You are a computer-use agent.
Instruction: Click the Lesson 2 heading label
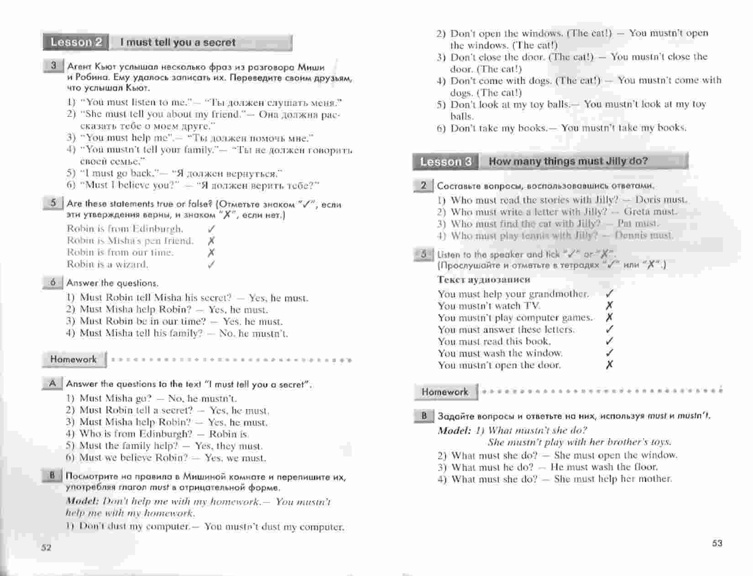click(76, 42)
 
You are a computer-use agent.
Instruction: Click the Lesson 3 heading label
click(445, 162)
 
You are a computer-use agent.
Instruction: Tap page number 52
click(46, 548)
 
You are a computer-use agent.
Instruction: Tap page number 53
click(717, 543)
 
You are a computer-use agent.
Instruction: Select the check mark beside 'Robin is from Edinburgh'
click(211, 229)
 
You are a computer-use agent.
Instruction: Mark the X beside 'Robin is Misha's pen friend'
click(211, 241)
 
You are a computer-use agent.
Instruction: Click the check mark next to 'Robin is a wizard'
click(211, 264)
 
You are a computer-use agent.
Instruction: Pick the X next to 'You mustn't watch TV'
click(609, 306)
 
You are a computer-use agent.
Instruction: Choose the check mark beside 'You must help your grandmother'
click(609, 294)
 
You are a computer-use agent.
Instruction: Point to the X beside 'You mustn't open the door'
click(609, 365)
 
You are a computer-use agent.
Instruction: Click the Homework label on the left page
click(73, 359)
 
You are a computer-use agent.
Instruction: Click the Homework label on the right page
click(445, 392)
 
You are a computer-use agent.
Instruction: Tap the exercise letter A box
click(52, 383)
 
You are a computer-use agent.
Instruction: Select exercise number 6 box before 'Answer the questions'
click(52, 283)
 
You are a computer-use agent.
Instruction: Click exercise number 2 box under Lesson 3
click(424, 185)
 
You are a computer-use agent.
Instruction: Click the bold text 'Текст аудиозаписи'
click(483, 279)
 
